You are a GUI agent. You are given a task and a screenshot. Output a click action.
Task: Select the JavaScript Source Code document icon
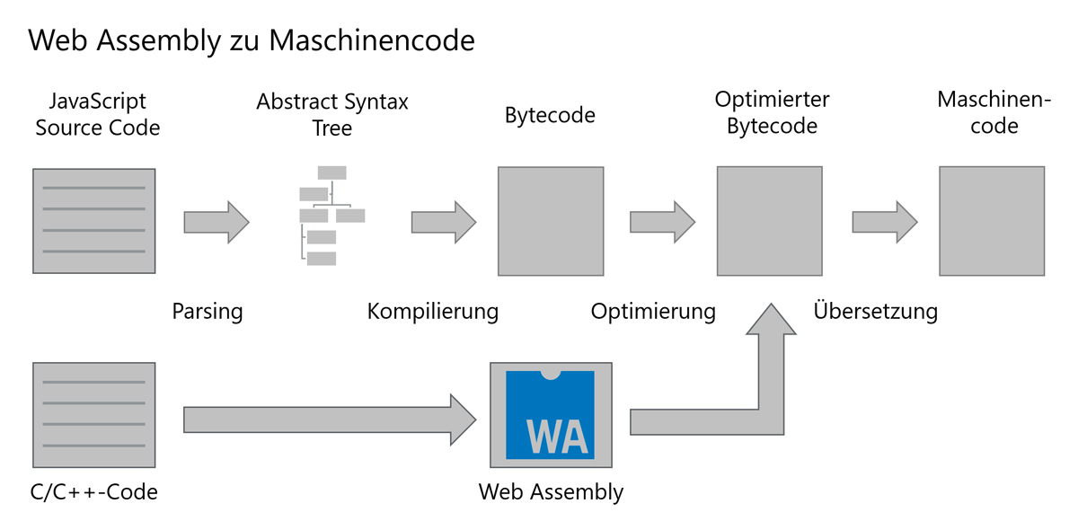[x=93, y=220]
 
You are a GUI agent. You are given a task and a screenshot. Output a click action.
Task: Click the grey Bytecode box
[x=551, y=220]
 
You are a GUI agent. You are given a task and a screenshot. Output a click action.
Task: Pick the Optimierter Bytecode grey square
[x=769, y=220]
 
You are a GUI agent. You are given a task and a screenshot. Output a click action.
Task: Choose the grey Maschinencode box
[x=992, y=220]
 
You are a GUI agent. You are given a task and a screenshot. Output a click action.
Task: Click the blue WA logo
[x=551, y=414]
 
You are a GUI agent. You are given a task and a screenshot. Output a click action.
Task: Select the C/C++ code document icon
[x=93, y=414]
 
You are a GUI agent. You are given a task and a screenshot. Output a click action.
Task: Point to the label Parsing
[x=208, y=312]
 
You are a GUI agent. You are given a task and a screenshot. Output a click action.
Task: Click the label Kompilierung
[x=432, y=312]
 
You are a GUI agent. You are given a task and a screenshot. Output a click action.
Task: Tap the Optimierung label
[x=653, y=312]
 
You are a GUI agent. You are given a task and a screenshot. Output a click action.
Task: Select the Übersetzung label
[x=875, y=312]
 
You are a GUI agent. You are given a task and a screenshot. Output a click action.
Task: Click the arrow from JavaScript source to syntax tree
[x=216, y=221]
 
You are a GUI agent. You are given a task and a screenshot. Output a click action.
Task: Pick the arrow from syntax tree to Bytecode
[x=443, y=221]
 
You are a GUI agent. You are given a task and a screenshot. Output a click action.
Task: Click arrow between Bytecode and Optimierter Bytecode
[x=662, y=221]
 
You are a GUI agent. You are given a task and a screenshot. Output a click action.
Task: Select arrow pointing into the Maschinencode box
[x=884, y=221]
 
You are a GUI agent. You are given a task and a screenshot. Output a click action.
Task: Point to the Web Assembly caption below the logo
[x=551, y=491]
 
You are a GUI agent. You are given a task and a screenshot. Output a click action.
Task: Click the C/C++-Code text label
[x=94, y=491]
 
